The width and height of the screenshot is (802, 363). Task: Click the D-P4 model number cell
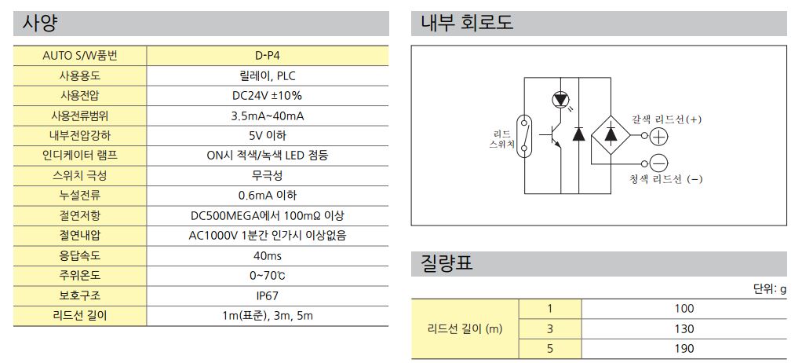tap(267, 56)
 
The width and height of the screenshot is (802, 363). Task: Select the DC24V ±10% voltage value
tap(267, 96)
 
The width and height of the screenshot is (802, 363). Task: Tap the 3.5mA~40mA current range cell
tap(267, 116)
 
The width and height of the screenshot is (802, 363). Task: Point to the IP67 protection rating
tap(267, 296)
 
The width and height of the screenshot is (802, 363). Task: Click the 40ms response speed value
tap(267, 256)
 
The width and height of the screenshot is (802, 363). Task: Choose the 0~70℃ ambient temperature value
tap(267, 276)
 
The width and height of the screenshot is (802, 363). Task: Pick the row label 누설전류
tap(80, 196)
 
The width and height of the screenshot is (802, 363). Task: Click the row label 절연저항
tap(80, 216)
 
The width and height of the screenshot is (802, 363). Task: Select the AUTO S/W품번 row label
tap(80, 56)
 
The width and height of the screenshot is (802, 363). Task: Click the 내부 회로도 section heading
tap(466, 24)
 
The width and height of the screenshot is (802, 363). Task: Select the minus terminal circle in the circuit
tap(659, 164)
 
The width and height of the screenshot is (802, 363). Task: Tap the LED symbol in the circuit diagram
tap(561, 101)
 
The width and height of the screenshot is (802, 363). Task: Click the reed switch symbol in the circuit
tap(524, 136)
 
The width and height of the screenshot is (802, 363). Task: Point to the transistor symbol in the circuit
tap(552, 136)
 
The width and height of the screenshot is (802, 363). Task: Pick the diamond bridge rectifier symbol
tap(611, 136)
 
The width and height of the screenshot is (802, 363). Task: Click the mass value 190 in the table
tap(684, 349)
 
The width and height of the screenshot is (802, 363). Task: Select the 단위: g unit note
tap(770, 290)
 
